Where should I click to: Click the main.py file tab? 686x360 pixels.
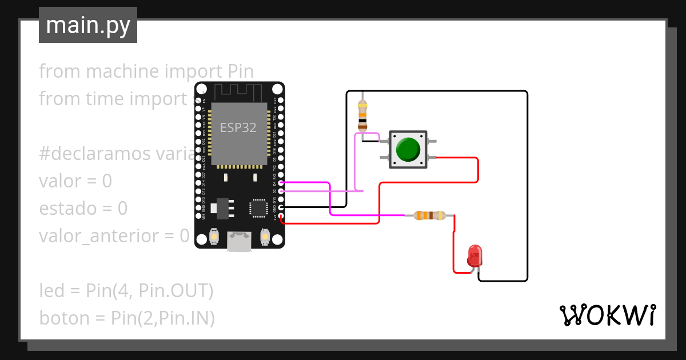coord(87,25)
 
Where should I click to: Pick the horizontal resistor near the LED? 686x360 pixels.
coord(429,215)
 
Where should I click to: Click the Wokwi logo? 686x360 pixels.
coord(607,315)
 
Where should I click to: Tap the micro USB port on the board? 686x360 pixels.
coord(240,241)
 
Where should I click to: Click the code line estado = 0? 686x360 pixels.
coord(83,209)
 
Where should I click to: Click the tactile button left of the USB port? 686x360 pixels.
coord(214,236)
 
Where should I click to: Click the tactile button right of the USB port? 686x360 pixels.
coord(265,236)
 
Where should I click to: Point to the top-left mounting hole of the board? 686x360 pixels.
coord(202,89)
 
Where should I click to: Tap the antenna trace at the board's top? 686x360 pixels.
coord(239,90)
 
